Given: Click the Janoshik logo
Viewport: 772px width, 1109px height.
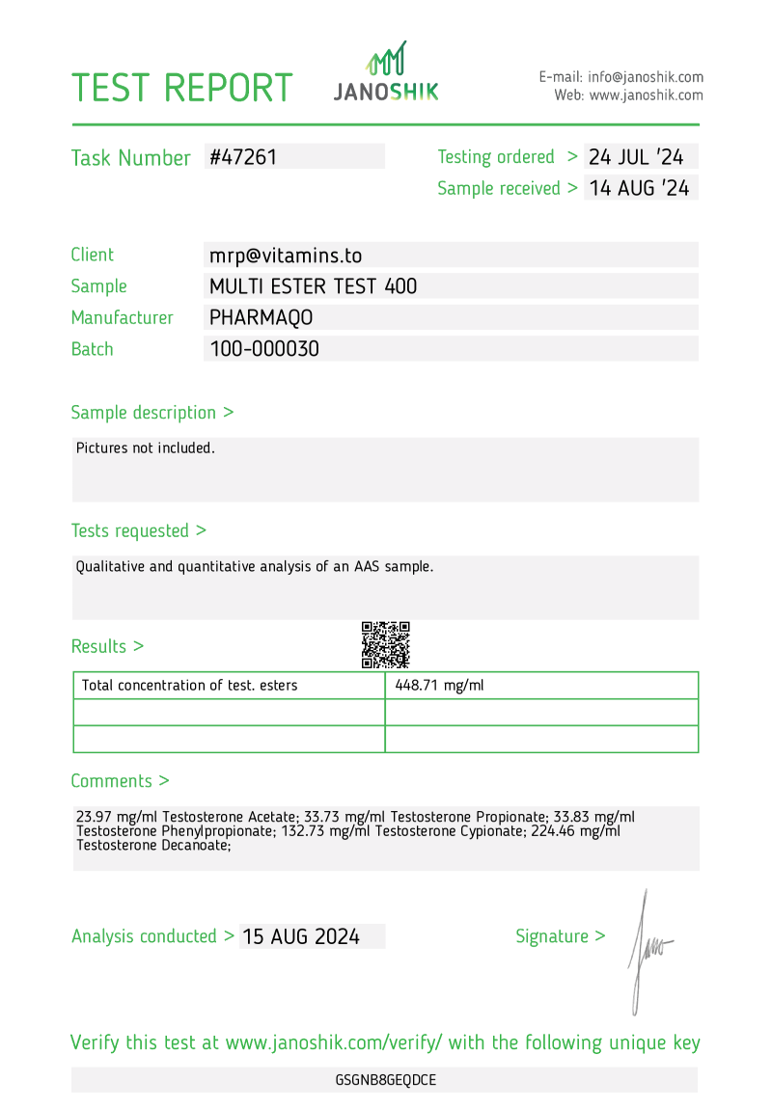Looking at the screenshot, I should click(386, 72).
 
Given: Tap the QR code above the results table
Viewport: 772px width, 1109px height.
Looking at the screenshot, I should click(386, 645).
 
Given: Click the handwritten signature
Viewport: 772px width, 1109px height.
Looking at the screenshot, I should click(646, 950).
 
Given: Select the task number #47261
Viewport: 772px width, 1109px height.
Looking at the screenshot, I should click(243, 157).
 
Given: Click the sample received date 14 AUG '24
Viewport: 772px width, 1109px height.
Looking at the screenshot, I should click(639, 188).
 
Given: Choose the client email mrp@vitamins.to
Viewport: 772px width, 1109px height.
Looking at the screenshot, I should click(286, 256).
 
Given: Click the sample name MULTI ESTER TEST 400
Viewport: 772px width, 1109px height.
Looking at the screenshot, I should click(314, 286).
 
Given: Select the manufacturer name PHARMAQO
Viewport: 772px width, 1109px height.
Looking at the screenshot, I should click(262, 317).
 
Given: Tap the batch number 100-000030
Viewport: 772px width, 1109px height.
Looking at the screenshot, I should click(264, 349).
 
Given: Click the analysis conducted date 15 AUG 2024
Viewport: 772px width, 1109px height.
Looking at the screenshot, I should click(301, 936).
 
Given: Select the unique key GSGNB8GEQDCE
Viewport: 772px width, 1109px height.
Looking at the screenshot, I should click(386, 1080).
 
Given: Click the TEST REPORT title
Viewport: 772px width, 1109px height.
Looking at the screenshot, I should click(181, 88).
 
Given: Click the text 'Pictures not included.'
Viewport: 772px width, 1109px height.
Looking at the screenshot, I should click(146, 448).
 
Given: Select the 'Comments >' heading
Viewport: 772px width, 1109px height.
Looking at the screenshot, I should click(121, 781).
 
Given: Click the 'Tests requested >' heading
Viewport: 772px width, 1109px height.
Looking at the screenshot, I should click(139, 530).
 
